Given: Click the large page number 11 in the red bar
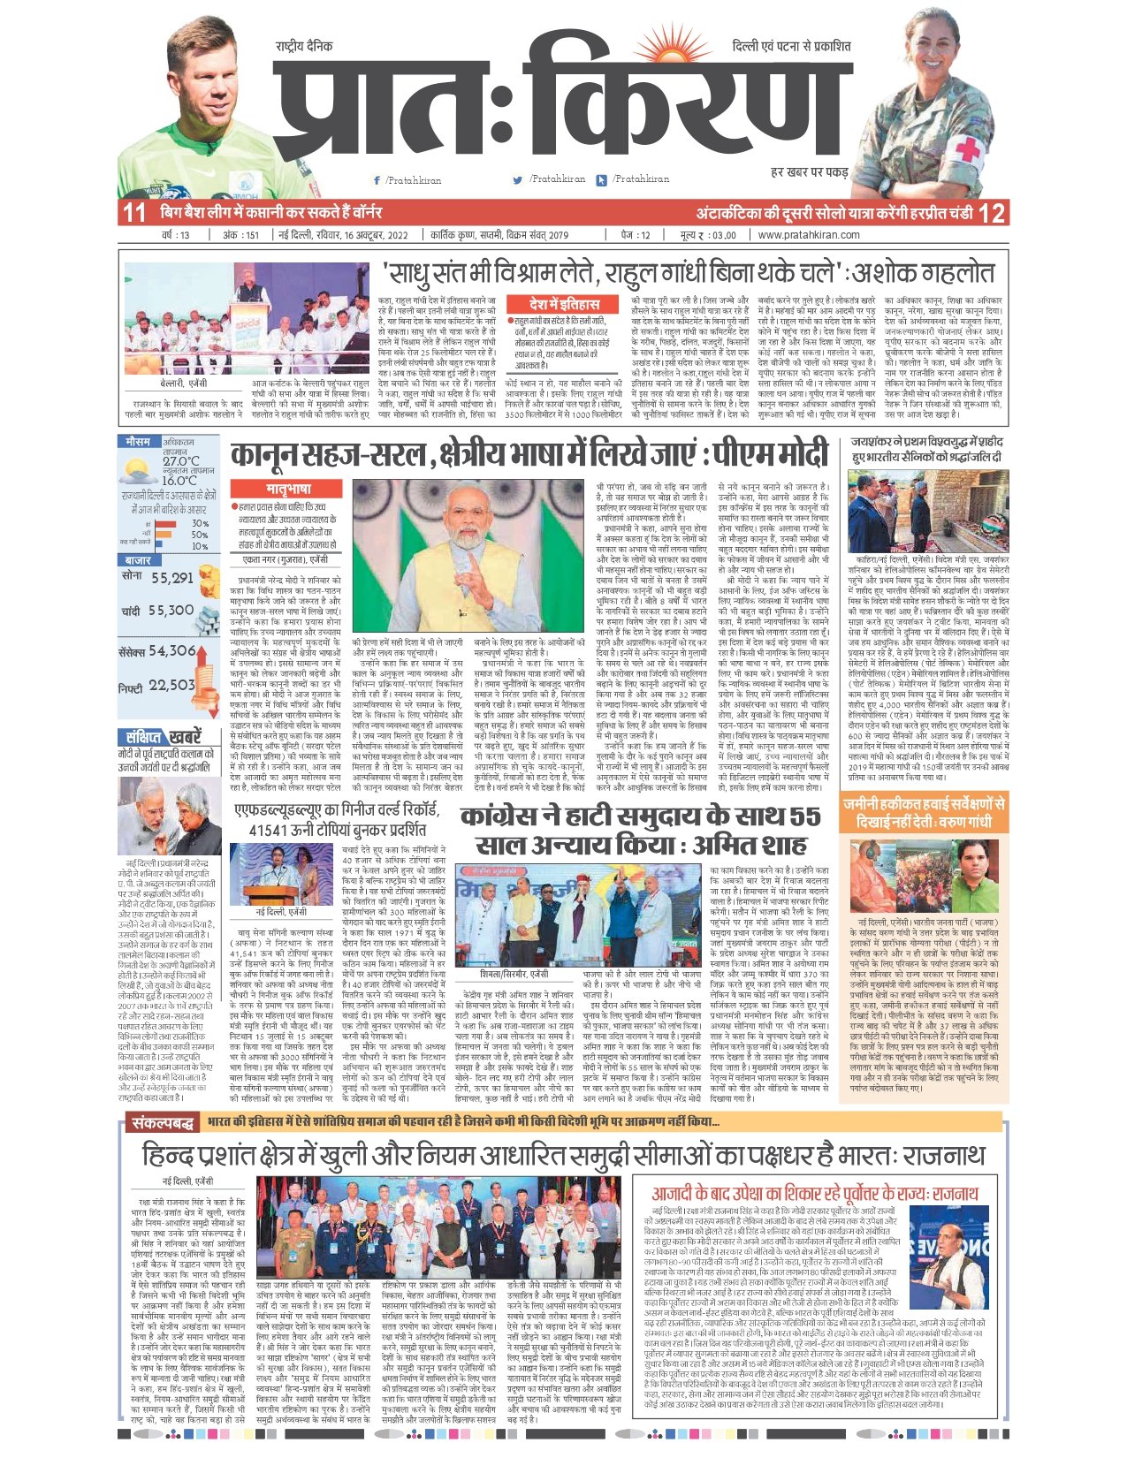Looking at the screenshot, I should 133,213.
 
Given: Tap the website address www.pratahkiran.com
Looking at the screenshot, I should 809,235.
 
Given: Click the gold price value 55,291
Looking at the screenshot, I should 171,578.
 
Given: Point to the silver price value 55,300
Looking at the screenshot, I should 171,610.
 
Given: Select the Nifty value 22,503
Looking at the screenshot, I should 171,685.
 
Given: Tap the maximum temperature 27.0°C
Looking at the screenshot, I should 180,460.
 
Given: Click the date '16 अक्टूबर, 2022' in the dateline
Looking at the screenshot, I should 368,235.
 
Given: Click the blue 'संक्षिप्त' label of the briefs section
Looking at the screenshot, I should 141,737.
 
